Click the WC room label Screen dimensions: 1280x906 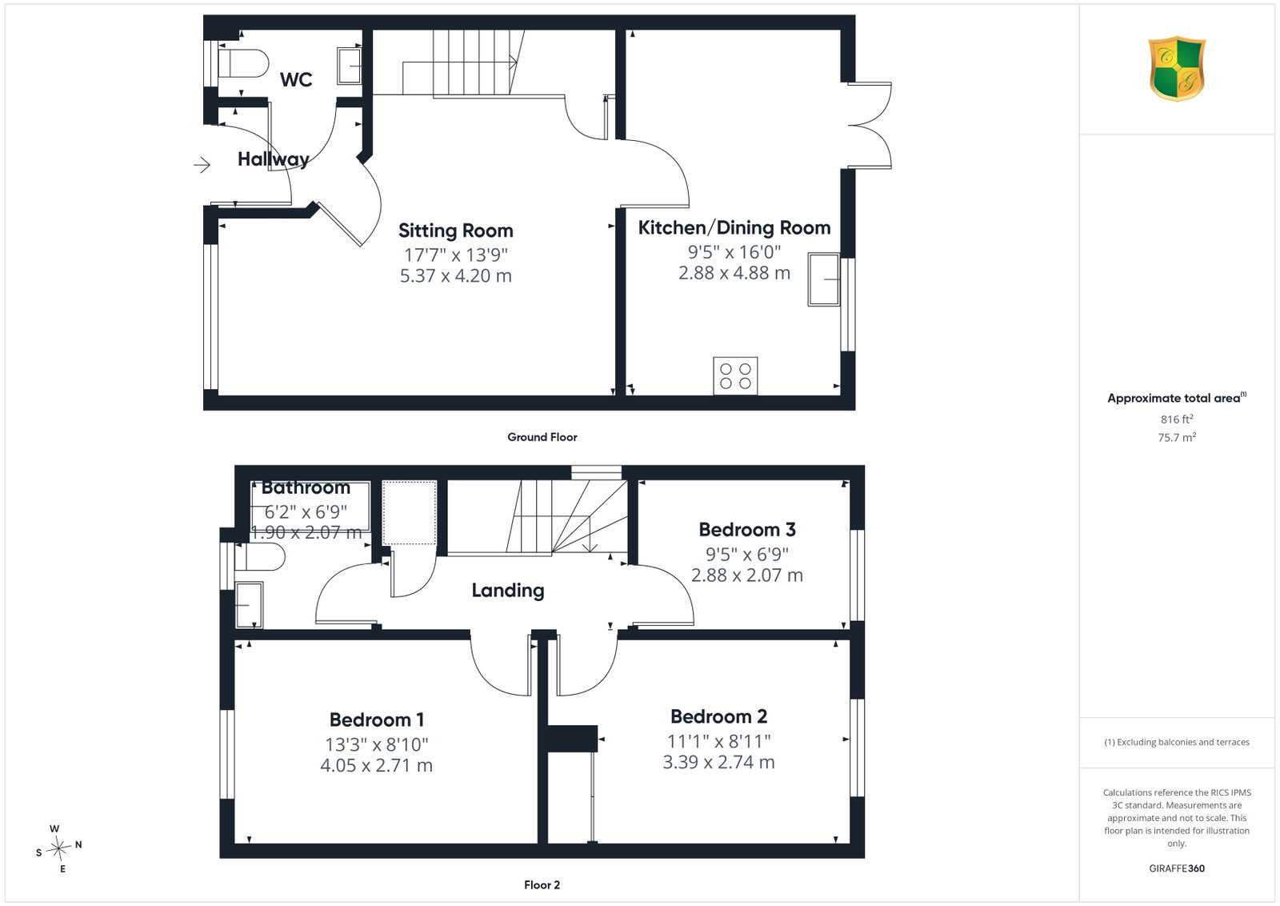coord(296,79)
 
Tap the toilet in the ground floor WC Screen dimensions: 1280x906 coord(243,63)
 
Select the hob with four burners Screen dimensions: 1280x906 coord(735,375)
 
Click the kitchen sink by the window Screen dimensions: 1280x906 coord(823,279)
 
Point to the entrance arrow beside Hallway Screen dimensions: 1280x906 coord(202,165)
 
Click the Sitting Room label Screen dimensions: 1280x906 coord(455,231)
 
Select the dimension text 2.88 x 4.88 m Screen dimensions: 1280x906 coord(734,273)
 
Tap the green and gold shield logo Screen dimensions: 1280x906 coord(1177,69)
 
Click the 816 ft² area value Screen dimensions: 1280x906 coord(1177,419)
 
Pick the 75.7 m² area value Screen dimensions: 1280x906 coord(1177,437)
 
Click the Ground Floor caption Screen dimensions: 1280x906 coord(542,437)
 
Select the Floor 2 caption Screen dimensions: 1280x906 coord(542,885)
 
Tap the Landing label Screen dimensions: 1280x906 coord(508,591)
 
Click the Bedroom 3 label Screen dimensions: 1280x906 coord(747,530)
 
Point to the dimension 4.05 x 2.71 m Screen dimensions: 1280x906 coord(377,765)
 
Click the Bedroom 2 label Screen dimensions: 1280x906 coord(718,716)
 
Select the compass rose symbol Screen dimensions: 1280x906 coord(59,849)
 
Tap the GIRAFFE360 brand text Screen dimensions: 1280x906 coord(1177,868)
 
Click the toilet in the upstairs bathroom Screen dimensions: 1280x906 coord(260,557)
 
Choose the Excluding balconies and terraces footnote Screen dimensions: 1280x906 coord(1177,742)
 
